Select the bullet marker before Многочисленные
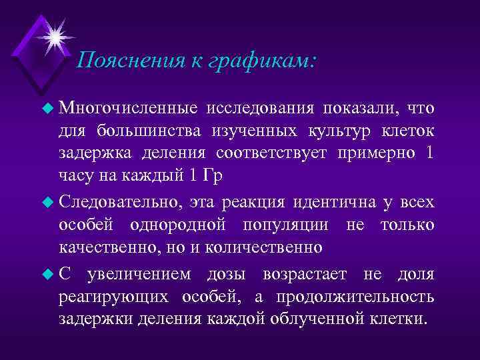click(x=47, y=108)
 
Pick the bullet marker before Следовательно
click(x=47, y=201)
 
